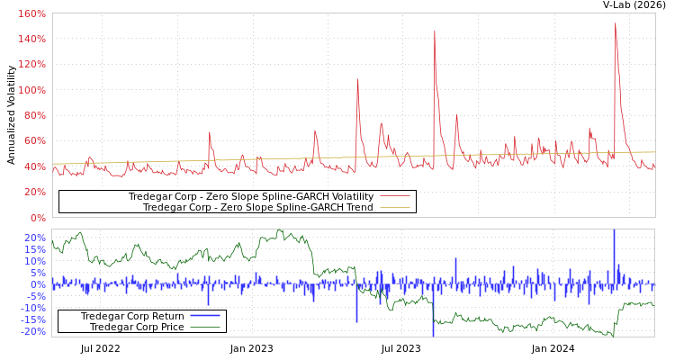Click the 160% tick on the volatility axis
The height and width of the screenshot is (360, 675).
[x=32, y=14]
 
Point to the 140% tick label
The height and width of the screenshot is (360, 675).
[x=32, y=40]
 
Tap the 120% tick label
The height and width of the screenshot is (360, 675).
[x=32, y=65]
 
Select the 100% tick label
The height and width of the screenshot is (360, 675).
[x=32, y=91]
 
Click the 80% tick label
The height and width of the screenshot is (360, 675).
[x=35, y=116]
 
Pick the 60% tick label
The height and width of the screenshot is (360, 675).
[x=35, y=141]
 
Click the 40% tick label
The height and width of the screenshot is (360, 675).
[x=35, y=166]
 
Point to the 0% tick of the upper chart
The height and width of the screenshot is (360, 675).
[x=38, y=217]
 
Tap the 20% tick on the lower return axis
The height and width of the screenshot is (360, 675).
[x=35, y=238]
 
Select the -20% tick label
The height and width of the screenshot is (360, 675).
[x=33, y=331]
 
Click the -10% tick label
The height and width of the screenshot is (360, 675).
[x=33, y=308]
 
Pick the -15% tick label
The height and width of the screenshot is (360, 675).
[x=33, y=319]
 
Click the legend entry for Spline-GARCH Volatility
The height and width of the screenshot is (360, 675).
[x=250, y=196]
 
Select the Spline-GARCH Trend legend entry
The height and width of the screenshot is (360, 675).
[x=257, y=207]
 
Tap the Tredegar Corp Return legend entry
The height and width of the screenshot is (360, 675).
[x=131, y=316]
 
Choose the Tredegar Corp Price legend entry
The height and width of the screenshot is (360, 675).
[x=136, y=327]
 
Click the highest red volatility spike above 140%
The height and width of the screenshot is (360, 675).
[x=616, y=24]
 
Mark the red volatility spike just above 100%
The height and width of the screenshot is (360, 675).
[x=357, y=80]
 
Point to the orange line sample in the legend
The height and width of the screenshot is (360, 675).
[x=394, y=207]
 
